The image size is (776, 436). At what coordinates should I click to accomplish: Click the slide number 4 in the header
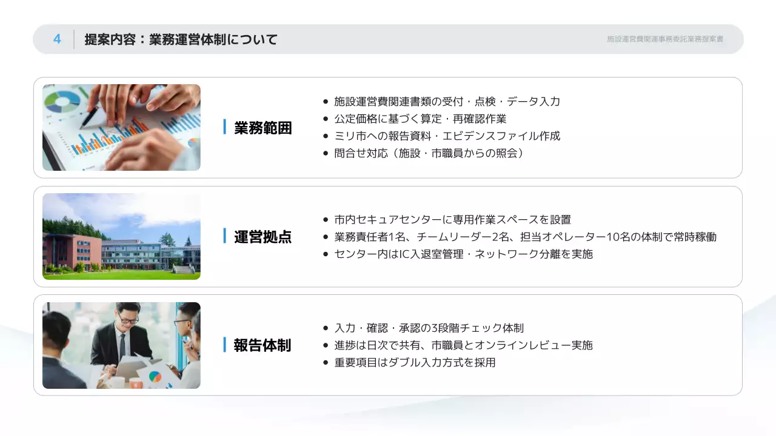(57, 39)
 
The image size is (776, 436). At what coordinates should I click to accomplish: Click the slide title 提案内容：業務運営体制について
(181, 40)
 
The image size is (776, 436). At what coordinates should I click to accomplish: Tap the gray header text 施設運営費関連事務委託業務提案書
(665, 39)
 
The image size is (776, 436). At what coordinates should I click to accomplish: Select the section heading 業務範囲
(263, 128)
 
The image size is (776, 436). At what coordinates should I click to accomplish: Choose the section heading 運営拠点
(263, 237)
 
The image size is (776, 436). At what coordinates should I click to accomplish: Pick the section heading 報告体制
(263, 345)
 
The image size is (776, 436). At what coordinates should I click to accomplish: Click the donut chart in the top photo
(62, 101)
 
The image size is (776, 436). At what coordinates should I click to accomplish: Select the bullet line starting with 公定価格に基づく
(420, 119)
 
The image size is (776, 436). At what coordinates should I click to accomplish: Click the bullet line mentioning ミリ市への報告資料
(447, 136)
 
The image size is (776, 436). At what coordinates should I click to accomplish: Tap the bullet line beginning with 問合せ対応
(429, 153)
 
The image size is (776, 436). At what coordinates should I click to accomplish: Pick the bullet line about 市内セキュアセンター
(452, 219)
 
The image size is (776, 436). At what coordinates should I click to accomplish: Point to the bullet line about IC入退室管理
(463, 254)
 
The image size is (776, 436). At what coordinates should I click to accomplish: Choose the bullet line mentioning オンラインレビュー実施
(463, 345)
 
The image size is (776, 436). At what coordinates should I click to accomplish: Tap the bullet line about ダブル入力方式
(415, 362)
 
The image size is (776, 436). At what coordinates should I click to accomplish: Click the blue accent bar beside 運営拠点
(224, 236)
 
